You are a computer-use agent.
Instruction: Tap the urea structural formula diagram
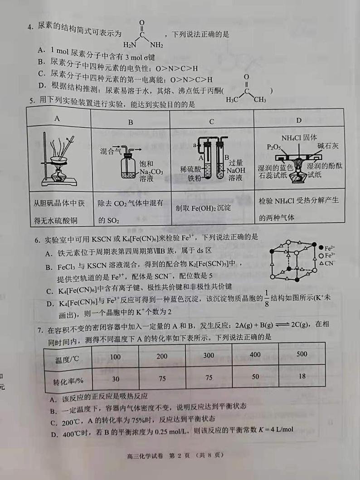[x=142, y=34]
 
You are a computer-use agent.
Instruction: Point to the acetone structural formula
[x=246, y=90]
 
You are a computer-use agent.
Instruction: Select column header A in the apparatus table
[x=58, y=120]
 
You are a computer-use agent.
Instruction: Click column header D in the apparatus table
[x=298, y=120]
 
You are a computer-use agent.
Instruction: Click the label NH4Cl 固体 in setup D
[x=299, y=138]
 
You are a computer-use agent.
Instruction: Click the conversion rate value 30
[x=115, y=379]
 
